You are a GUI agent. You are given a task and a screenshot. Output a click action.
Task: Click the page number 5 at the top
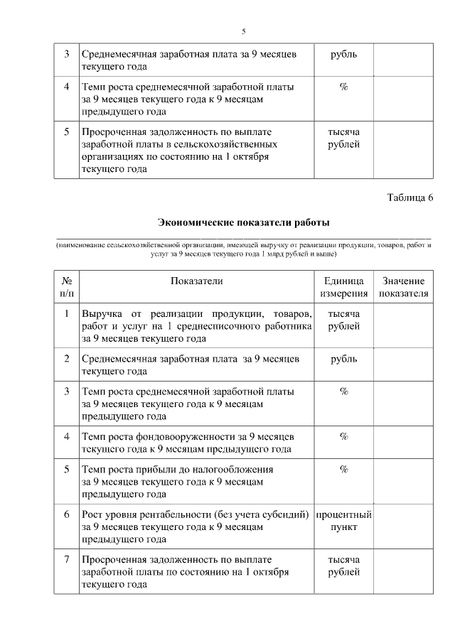[243, 32]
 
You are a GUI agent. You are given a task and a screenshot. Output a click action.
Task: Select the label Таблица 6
[410, 197]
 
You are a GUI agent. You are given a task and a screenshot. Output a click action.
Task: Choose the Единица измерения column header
[343, 287]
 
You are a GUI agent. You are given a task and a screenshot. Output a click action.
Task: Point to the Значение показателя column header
[403, 287]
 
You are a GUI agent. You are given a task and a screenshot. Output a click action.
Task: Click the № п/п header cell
[66, 287]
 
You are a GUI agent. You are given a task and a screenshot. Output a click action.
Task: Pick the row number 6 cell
[66, 514]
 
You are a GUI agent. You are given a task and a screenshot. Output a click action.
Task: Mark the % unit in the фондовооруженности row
[343, 436]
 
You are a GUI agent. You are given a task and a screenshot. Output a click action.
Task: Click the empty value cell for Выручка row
[403, 325]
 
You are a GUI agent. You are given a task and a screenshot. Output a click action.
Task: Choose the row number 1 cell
[66, 313]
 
